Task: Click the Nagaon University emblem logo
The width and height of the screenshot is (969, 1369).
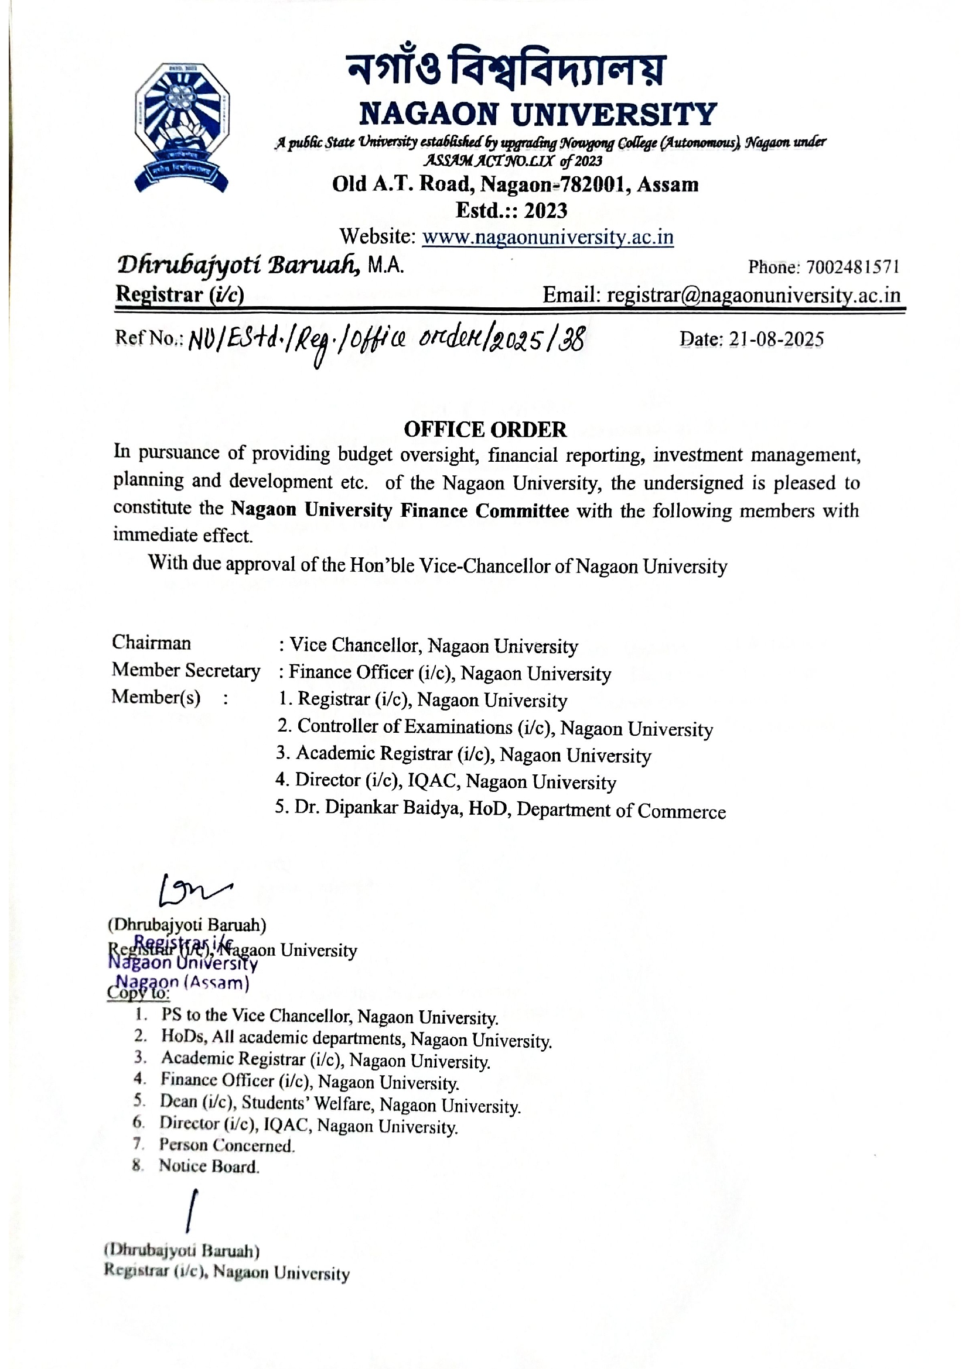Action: click(182, 126)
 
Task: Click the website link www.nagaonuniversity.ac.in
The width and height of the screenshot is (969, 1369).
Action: click(548, 237)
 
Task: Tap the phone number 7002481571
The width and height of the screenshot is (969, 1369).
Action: click(852, 267)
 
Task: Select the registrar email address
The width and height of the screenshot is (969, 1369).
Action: click(753, 295)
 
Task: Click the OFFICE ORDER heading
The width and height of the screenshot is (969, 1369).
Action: click(485, 429)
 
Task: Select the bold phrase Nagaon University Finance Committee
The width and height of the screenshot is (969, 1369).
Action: click(400, 510)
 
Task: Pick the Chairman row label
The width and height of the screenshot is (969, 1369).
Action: click(152, 643)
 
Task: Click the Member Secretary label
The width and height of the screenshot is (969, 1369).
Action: click(186, 670)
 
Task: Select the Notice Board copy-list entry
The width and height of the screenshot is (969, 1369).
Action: click(209, 1166)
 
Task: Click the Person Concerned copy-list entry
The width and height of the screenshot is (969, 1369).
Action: click(227, 1145)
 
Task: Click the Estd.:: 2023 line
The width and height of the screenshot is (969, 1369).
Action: click(511, 211)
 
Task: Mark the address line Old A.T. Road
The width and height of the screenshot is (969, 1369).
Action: click(515, 184)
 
